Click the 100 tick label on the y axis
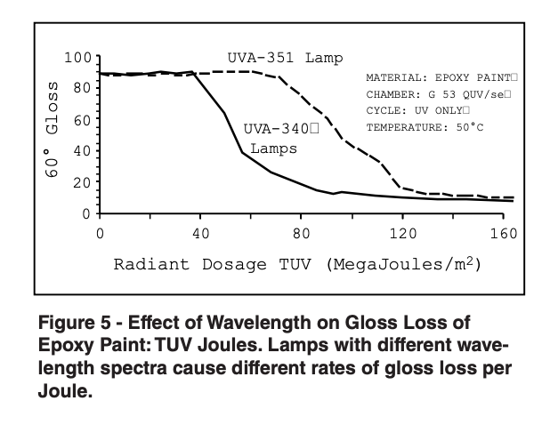point(78,58)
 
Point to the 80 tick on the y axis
point(83,88)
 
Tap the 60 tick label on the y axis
point(83,119)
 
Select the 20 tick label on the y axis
point(83,182)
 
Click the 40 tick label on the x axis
point(201,233)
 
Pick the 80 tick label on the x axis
point(303,233)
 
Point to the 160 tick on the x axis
point(504,233)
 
